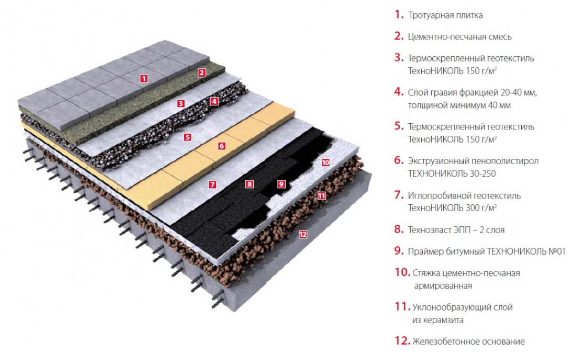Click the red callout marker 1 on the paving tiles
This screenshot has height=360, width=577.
(144, 78)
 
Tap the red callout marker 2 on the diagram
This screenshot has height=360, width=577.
(201, 73)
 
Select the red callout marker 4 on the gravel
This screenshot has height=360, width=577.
(214, 101)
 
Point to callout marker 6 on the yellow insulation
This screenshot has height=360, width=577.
(222, 146)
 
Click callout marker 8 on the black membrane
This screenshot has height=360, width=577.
(250, 184)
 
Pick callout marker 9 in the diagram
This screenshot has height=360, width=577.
(282, 184)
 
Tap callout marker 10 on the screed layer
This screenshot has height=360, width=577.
(326, 162)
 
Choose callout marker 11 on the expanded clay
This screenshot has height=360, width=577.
(322, 196)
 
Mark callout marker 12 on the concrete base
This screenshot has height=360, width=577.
(303, 234)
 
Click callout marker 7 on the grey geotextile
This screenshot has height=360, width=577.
(212, 185)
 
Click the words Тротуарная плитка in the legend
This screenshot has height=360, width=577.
(445, 15)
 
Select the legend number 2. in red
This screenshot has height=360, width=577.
(399, 36)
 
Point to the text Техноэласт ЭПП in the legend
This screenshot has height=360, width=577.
(439, 230)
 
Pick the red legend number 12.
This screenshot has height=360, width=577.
(402, 341)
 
